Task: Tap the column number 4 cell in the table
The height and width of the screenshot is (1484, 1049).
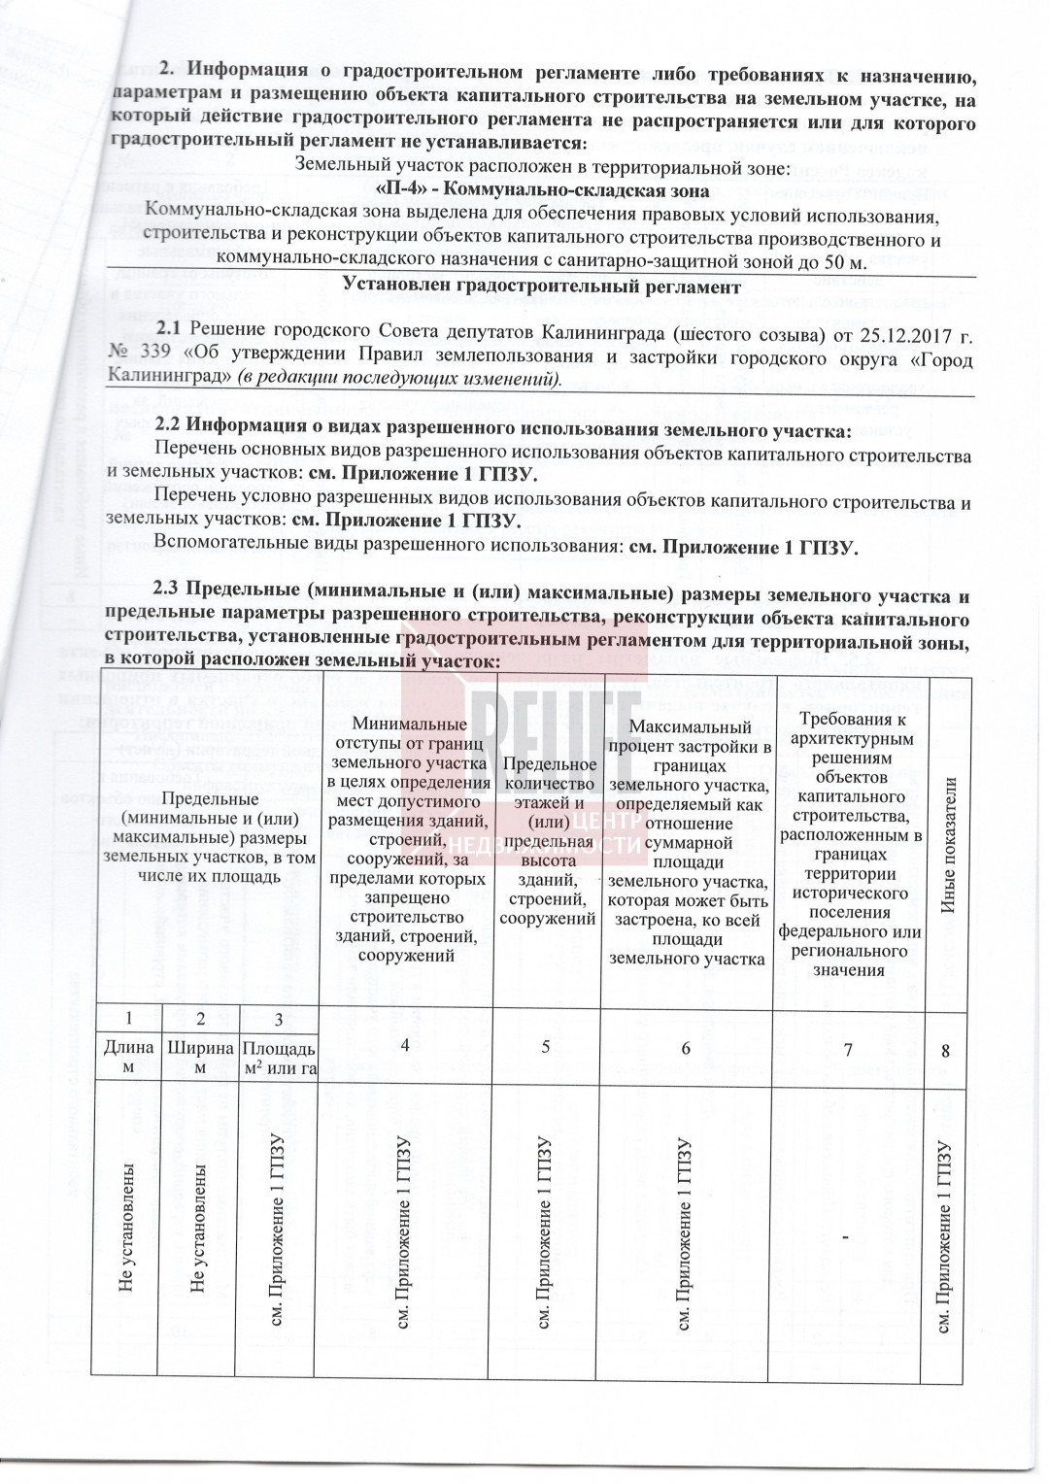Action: pos(405,1046)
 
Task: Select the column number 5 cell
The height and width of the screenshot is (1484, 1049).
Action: pos(547,1046)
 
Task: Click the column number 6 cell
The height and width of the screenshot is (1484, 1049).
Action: pos(686,1048)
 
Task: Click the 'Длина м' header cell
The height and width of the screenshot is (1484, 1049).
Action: pos(128,1057)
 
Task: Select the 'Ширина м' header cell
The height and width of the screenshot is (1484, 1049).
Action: pos(200,1057)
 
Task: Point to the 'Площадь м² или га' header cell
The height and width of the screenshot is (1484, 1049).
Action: pos(278,1059)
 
